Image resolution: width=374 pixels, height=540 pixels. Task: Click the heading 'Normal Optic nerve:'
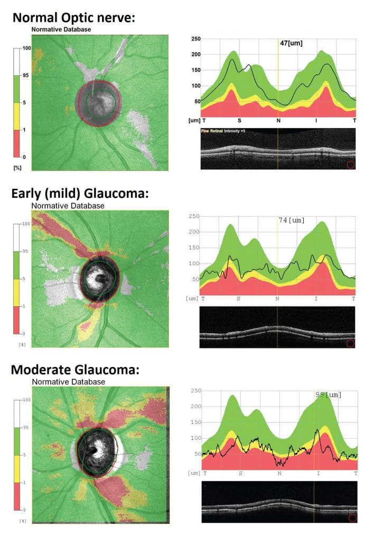coord(74,17)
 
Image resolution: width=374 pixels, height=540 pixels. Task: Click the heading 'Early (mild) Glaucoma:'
coord(80,194)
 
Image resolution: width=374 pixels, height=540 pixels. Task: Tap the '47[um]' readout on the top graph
coord(291,43)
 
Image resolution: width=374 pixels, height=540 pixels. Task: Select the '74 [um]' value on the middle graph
coord(291,220)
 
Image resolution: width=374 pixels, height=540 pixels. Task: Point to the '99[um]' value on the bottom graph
coord(327,394)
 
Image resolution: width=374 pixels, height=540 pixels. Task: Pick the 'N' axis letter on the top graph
coord(278,121)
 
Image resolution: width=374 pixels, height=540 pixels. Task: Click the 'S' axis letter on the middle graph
coord(239,298)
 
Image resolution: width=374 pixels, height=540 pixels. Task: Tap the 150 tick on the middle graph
coord(194,248)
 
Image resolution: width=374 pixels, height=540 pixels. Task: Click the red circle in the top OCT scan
coord(350,165)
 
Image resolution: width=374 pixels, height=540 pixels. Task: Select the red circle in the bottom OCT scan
coord(352,518)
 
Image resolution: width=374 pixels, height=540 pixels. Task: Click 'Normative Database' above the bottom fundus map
coord(69,381)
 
